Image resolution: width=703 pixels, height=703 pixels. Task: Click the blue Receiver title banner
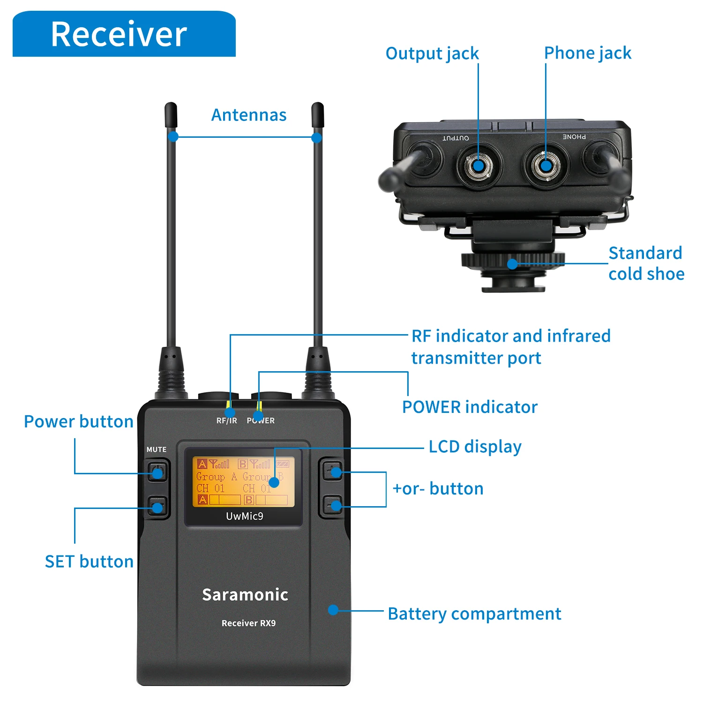click(124, 34)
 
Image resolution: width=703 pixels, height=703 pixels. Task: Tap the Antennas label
click(249, 115)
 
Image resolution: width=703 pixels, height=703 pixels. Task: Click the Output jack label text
click(432, 53)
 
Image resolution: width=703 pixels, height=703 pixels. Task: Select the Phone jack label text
click(588, 53)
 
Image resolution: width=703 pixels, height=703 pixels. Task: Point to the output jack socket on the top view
click(478, 165)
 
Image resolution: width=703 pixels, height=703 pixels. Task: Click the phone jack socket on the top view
click(546, 165)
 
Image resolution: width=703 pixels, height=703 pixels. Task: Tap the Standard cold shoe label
click(646, 263)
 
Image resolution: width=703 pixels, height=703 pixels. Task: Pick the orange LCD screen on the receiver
click(243, 482)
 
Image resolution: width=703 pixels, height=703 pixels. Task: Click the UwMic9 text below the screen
click(245, 516)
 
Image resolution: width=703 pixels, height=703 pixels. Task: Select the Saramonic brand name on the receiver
click(245, 594)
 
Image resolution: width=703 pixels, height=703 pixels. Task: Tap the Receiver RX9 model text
click(248, 623)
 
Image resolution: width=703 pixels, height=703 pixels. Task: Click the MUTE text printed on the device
click(157, 449)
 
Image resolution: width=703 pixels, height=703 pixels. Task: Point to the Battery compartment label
click(474, 613)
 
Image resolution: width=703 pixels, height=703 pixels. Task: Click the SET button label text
click(89, 561)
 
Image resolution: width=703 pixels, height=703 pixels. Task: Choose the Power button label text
click(79, 421)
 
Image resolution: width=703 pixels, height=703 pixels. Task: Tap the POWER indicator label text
click(470, 407)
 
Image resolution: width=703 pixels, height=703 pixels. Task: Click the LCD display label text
click(475, 447)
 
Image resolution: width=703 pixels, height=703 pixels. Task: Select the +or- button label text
click(438, 489)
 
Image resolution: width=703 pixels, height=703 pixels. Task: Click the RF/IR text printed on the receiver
click(227, 421)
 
